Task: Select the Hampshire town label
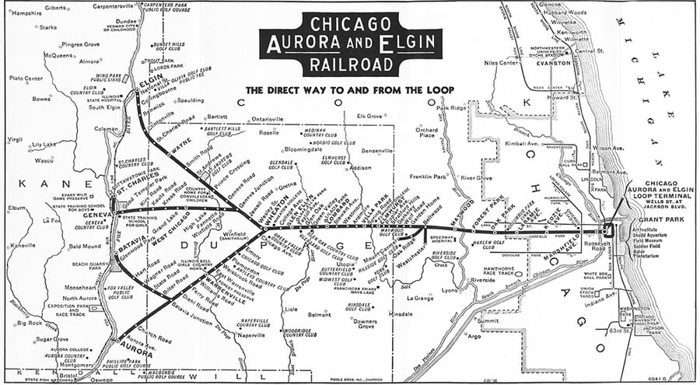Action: [x=26, y=13]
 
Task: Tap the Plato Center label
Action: [x=26, y=79]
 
